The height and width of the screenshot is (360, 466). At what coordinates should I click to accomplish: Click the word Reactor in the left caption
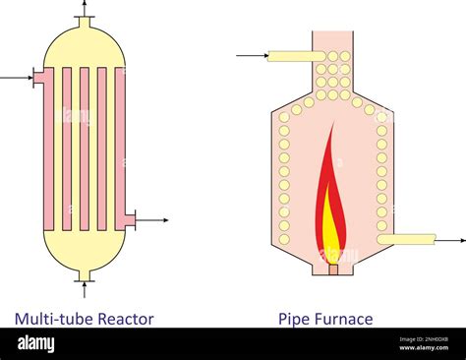[x=122, y=318]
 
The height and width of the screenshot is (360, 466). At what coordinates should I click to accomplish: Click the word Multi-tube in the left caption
[x=51, y=318]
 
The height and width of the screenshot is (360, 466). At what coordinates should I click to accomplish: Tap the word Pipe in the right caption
[x=295, y=318]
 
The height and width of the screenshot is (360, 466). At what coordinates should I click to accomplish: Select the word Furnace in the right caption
[x=344, y=318]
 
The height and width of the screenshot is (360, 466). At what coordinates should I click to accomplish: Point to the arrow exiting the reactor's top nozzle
[x=85, y=8]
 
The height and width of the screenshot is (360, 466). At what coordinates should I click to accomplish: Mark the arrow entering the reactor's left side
[x=16, y=76]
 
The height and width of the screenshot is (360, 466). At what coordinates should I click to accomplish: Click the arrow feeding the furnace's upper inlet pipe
[x=252, y=56]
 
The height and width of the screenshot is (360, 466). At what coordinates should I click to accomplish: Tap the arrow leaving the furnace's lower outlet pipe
[x=451, y=239]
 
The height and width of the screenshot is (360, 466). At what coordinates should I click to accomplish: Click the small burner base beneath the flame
[x=332, y=269]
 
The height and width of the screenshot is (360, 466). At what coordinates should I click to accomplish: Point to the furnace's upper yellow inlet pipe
[x=291, y=56]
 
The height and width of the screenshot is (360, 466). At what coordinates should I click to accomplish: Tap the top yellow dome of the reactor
[x=85, y=44]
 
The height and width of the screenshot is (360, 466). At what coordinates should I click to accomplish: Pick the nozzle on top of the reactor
[x=85, y=22]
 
